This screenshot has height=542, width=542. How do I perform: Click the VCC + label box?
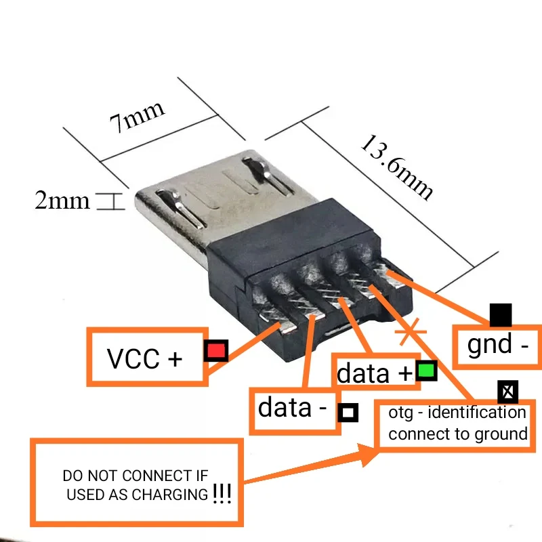coord(145,357)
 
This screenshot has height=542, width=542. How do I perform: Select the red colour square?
coord(216,350)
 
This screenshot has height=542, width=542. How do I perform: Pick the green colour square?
coord(426,371)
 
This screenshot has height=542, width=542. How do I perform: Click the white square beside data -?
coord(348,412)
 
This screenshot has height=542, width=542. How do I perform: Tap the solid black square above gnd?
coord(501,315)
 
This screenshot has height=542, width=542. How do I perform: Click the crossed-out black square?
coord(508,391)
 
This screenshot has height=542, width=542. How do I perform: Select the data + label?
coord(375,373)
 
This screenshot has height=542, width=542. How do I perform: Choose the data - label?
coord(293,408)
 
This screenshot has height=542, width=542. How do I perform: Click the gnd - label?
coord(497,345)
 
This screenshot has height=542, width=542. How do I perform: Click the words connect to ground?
coord(457,434)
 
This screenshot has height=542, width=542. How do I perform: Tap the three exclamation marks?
coord(222,494)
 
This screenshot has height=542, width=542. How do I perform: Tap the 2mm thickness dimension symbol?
coord(108,201)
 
